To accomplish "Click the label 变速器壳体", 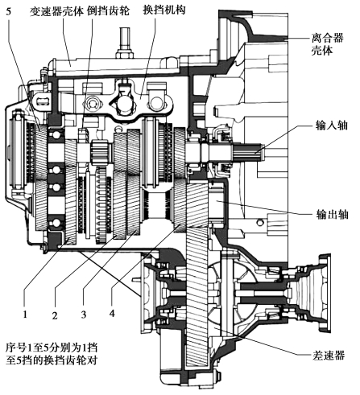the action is point(57,11).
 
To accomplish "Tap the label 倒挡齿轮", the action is point(108,10).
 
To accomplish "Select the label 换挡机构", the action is point(164,10).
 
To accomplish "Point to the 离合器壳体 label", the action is point(327,43).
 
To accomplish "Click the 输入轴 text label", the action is point(332,125).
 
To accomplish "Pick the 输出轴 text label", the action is point(332,215).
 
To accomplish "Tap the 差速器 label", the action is point(329,356).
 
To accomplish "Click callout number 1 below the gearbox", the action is point(25,314).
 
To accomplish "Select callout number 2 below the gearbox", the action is point(55,315).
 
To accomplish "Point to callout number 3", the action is point(84,315).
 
